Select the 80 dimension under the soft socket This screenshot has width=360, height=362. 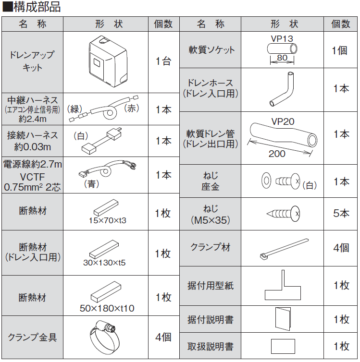pyautogui.click(x=282, y=58)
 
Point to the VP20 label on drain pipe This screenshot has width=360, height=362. pyautogui.click(x=283, y=122)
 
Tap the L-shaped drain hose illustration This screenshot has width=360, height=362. pyautogui.click(x=282, y=90)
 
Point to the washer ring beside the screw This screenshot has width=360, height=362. pyautogui.click(x=265, y=180)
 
